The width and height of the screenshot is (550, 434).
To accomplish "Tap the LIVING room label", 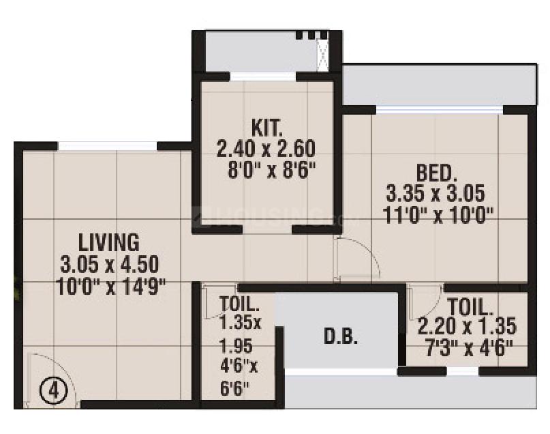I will pyautogui.click(x=109, y=242).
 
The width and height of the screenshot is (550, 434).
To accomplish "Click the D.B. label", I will pyautogui.click(x=339, y=337).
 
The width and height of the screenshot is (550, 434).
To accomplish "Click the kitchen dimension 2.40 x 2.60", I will pyautogui.click(x=265, y=148).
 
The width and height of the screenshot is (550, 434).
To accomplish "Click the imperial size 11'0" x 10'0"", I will pyautogui.click(x=438, y=214).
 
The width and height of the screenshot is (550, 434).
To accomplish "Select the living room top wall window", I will pyautogui.click(x=108, y=145).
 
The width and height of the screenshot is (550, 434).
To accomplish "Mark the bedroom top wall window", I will pyautogui.click(x=440, y=109).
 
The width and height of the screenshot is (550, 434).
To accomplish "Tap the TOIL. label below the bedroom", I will pyautogui.click(x=470, y=305).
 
